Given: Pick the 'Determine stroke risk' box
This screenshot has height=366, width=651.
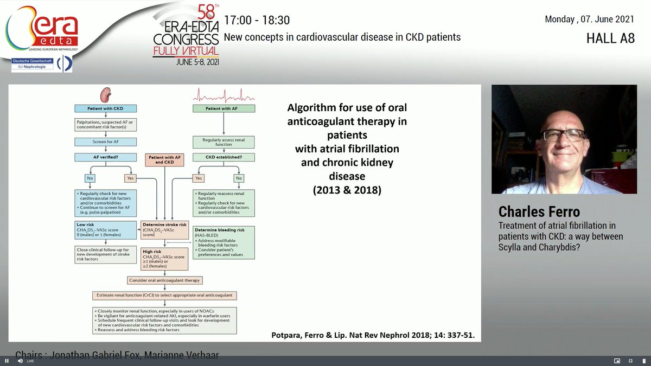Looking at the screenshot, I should [x=164, y=229].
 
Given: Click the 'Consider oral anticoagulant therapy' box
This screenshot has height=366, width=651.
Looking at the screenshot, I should [x=164, y=280].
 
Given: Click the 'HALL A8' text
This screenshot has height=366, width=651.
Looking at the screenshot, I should [x=610, y=38].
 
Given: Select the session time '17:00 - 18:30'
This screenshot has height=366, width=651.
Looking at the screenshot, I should [x=257, y=21].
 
